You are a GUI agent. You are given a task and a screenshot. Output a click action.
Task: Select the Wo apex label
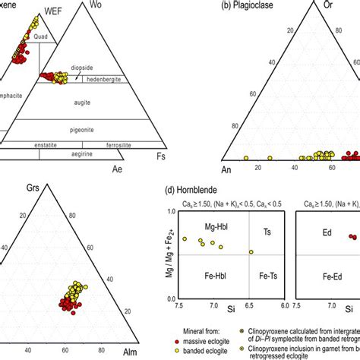tap(96, 5)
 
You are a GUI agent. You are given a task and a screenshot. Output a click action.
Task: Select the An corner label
tap(226, 169)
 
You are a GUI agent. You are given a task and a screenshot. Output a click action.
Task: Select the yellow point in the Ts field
tap(251, 252)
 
